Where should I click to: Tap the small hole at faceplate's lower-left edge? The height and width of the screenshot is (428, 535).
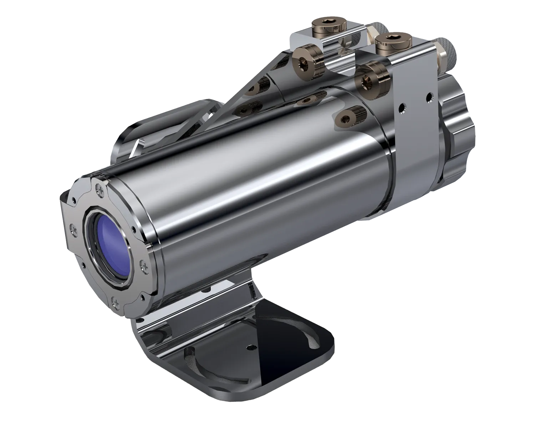point(83,264)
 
